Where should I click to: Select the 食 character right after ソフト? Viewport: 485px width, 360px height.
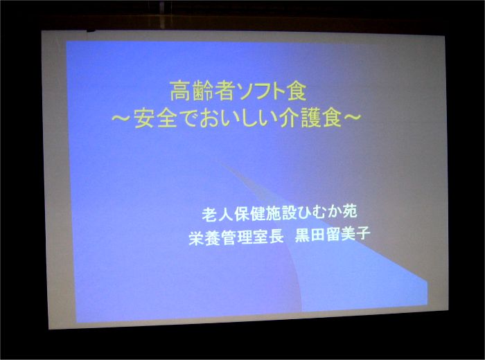click(297, 91)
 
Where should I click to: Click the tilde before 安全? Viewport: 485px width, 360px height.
click(121, 118)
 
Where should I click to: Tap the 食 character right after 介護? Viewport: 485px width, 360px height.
click(332, 118)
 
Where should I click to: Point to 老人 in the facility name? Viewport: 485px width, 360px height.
click(217, 214)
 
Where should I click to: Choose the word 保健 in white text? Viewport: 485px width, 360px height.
click(249, 213)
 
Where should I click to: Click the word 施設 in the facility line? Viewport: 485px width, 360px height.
click(280, 213)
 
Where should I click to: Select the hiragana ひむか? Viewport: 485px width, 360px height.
click(319, 213)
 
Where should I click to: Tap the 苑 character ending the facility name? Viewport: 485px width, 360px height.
click(350, 212)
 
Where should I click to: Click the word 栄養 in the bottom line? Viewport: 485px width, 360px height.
click(204, 238)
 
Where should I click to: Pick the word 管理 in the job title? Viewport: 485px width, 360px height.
click(236, 237)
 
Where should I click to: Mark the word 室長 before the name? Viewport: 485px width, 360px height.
click(268, 237)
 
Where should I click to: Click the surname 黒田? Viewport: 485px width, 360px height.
click(310, 235)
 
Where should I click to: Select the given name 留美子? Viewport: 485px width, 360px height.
click(348, 235)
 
